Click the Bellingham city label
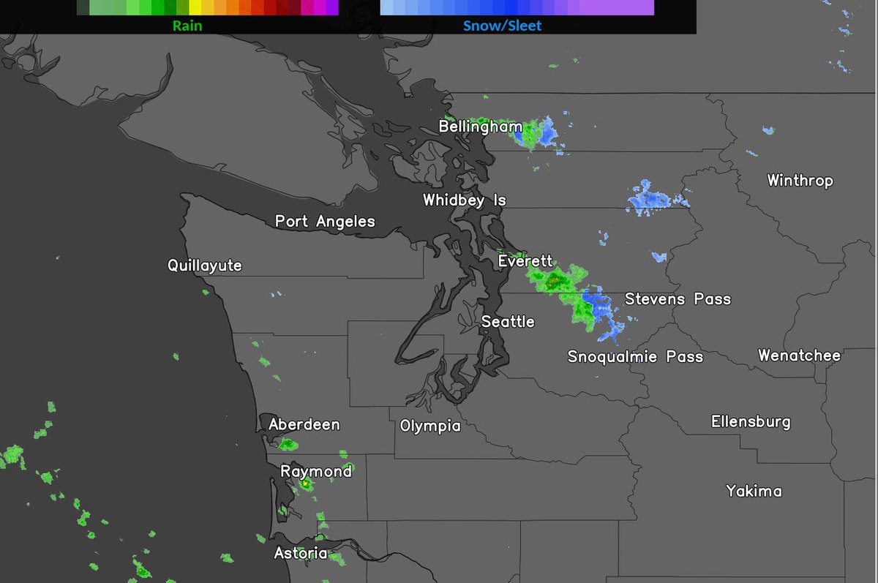coord(480,127)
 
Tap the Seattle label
coord(508,322)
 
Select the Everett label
coord(525,262)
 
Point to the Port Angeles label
coord(325,222)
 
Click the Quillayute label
coord(204,266)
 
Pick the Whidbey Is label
coord(464,200)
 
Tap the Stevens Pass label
coord(678,299)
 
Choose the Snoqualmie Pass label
coord(635,357)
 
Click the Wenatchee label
coord(799,356)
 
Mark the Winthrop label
coord(800,181)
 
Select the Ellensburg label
coord(751,422)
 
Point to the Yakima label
coord(754,491)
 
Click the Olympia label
coord(430,426)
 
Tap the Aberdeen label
coord(304,425)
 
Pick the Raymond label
coord(316,472)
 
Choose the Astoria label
coord(301,554)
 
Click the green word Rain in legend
coord(187,26)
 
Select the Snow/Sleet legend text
coord(502,26)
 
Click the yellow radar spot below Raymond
coord(304,484)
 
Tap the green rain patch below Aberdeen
coord(288,444)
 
